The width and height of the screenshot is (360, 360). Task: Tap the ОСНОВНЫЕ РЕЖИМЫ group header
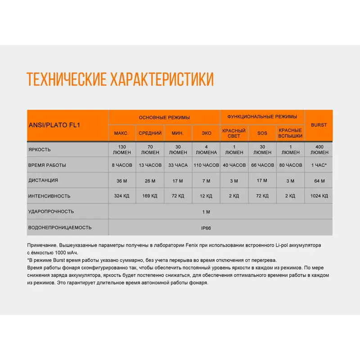click(164, 117)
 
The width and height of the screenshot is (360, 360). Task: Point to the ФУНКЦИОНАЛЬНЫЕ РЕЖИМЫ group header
click(262, 117)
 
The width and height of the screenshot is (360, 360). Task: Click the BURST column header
click(319, 125)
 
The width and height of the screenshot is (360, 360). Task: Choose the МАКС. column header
click(121, 133)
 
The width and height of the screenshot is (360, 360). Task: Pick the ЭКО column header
click(206, 133)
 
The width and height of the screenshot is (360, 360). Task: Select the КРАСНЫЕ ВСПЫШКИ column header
click(290, 133)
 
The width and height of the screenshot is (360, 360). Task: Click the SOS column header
click(262, 133)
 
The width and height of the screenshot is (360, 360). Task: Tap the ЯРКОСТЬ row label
click(40, 149)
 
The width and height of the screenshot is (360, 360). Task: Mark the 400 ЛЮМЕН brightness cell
click(319, 149)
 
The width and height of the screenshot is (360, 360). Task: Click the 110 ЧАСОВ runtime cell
click(206, 165)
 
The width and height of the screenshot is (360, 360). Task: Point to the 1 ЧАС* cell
click(319, 165)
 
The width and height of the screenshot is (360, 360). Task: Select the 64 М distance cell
click(319, 181)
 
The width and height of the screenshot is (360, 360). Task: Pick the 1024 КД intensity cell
click(319, 196)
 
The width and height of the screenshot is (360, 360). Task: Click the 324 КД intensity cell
click(121, 196)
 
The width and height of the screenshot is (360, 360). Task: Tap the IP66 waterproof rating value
click(206, 228)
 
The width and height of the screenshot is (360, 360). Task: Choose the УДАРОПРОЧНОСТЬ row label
click(51, 211)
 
